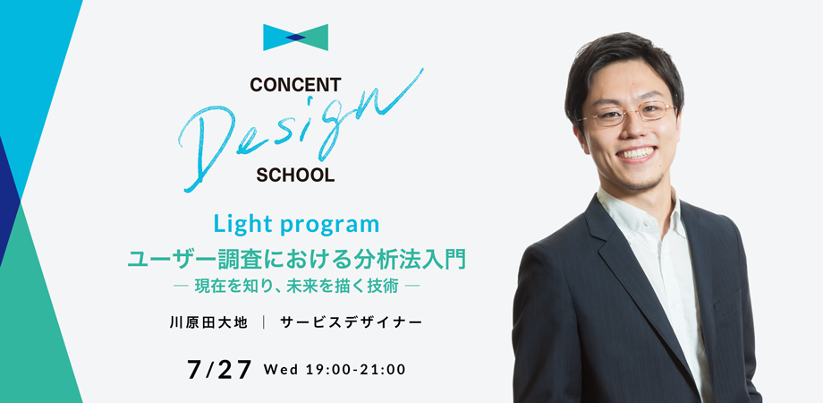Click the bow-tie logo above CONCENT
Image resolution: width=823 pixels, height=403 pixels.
point(295,38)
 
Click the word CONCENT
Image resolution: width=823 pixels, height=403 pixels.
point(295,84)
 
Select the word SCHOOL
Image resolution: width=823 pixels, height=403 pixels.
point(295,175)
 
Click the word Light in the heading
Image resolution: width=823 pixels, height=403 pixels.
point(243,225)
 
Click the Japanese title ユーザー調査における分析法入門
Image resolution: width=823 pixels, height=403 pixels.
point(297,260)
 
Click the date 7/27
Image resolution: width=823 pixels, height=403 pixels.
point(219,370)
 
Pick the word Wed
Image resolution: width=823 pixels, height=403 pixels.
point(280,370)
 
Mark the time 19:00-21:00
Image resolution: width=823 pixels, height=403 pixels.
point(355,370)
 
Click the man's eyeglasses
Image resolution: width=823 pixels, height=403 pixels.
point(627,113)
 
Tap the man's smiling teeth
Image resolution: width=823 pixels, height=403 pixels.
point(635,153)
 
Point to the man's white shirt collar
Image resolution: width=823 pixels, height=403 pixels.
point(636,210)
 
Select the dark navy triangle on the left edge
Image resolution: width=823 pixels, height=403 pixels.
point(10,200)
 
